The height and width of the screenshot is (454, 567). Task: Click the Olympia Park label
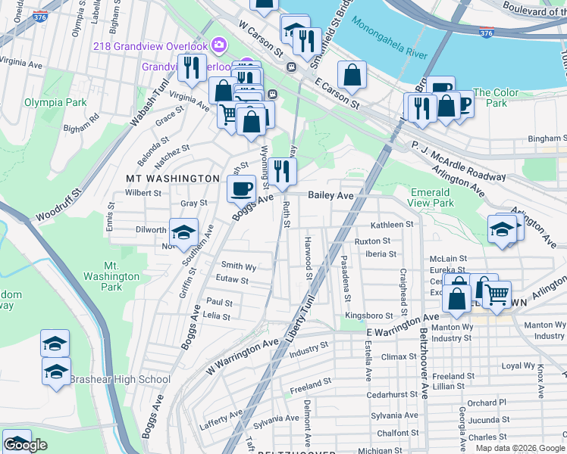pyautogui.click(x=55, y=101)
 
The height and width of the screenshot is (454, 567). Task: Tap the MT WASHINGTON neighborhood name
pyautogui.click(x=172, y=179)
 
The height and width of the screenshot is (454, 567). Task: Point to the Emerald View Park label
pyautogui.click(x=432, y=198)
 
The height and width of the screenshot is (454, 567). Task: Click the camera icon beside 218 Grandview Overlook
pyautogui.click(x=219, y=45)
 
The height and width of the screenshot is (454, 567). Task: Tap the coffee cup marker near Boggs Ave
pyautogui.click(x=242, y=188)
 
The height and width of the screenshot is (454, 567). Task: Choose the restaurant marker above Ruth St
pyautogui.click(x=281, y=173)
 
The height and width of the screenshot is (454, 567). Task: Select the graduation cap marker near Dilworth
pyautogui.click(x=183, y=233)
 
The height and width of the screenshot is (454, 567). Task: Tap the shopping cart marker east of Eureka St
pyautogui.click(x=496, y=294)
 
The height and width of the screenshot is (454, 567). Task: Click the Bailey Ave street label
pyautogui.click(x=331, y=195)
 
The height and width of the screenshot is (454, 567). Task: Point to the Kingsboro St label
pyautogui.click(x=369, y=316)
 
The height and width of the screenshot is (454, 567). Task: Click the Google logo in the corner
pyautogui.click(x=25, y=445)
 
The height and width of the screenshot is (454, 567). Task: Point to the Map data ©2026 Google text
pyautogui.click(x=521, y=448)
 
